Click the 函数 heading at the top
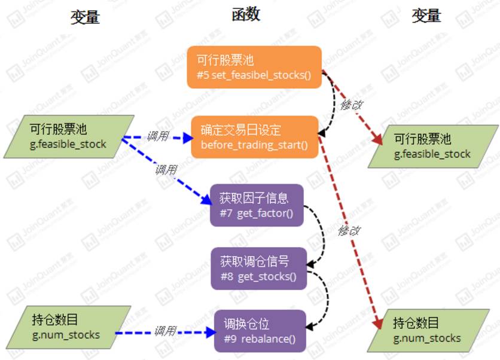pyautogui.click(x=246, y=15)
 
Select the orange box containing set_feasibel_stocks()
pyautogui.click(x=254, y=67)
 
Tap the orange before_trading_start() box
pyautogui.click(x=254, y=137)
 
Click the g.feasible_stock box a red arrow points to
pyautogui.click(x=432, y=146)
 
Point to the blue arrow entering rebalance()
pyautogui.click(x=164, y=333)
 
